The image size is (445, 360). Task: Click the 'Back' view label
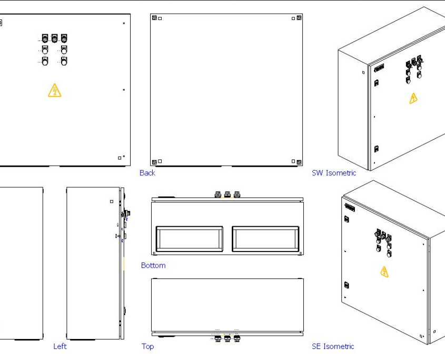point(147,173)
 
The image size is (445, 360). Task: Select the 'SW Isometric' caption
point(334,173)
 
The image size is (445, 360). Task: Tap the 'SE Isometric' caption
point(333,346)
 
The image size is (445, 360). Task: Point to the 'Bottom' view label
point(153,265)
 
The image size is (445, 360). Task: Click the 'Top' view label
point(147,346)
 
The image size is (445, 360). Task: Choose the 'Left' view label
point(60,346)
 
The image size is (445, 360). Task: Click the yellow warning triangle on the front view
point(55,91)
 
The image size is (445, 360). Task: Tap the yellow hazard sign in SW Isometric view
point(413,98)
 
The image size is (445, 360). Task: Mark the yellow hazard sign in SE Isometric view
point(384,272)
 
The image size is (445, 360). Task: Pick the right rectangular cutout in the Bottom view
point(265,239)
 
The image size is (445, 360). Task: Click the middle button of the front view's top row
point(54,38)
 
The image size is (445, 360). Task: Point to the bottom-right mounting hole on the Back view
point(299,162)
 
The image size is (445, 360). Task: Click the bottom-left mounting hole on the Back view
point(154,162)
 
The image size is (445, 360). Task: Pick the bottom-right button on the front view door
point(64,62)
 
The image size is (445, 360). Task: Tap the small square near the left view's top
point(111,202)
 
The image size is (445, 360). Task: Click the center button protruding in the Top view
point(228,339)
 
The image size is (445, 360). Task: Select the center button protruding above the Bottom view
point(228,194)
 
